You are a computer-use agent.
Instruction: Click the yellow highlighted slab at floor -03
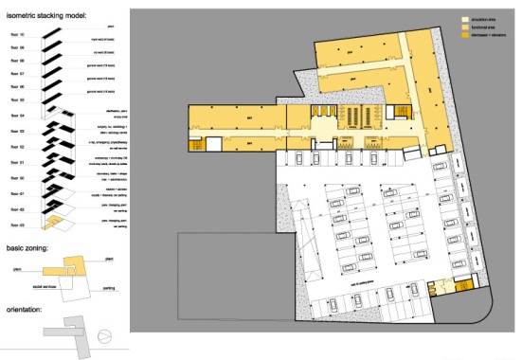click(58, 224)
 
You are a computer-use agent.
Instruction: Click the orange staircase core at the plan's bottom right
click(462, 285)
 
